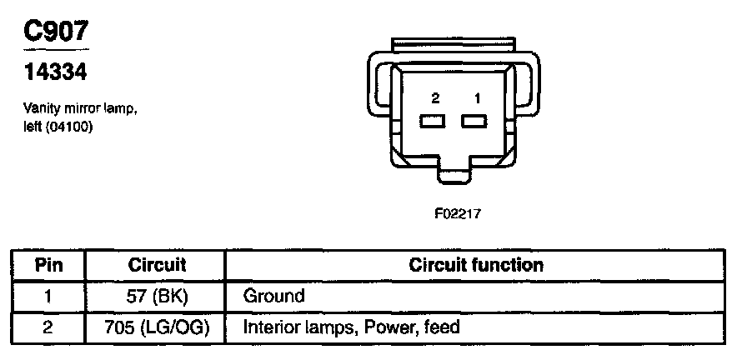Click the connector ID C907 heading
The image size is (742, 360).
(54, 31)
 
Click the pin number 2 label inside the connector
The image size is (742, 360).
(435, 98)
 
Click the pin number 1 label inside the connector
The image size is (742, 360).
(477, 98)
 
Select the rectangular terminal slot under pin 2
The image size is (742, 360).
(434, 122)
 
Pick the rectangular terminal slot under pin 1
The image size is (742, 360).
(474, 122)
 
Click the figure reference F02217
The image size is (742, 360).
(458, 213)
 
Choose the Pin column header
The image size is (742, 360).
(48, 266)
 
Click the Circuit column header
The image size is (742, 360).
(157, 266)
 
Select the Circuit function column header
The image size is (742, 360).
(476, 266)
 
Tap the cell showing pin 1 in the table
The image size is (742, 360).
(48, 296)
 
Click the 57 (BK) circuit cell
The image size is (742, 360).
(157, 296)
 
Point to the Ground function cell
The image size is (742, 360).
(273, 296)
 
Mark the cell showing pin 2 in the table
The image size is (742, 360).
(48, 327)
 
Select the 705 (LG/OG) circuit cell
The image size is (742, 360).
(157, 327)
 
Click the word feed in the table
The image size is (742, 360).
(441, 327)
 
